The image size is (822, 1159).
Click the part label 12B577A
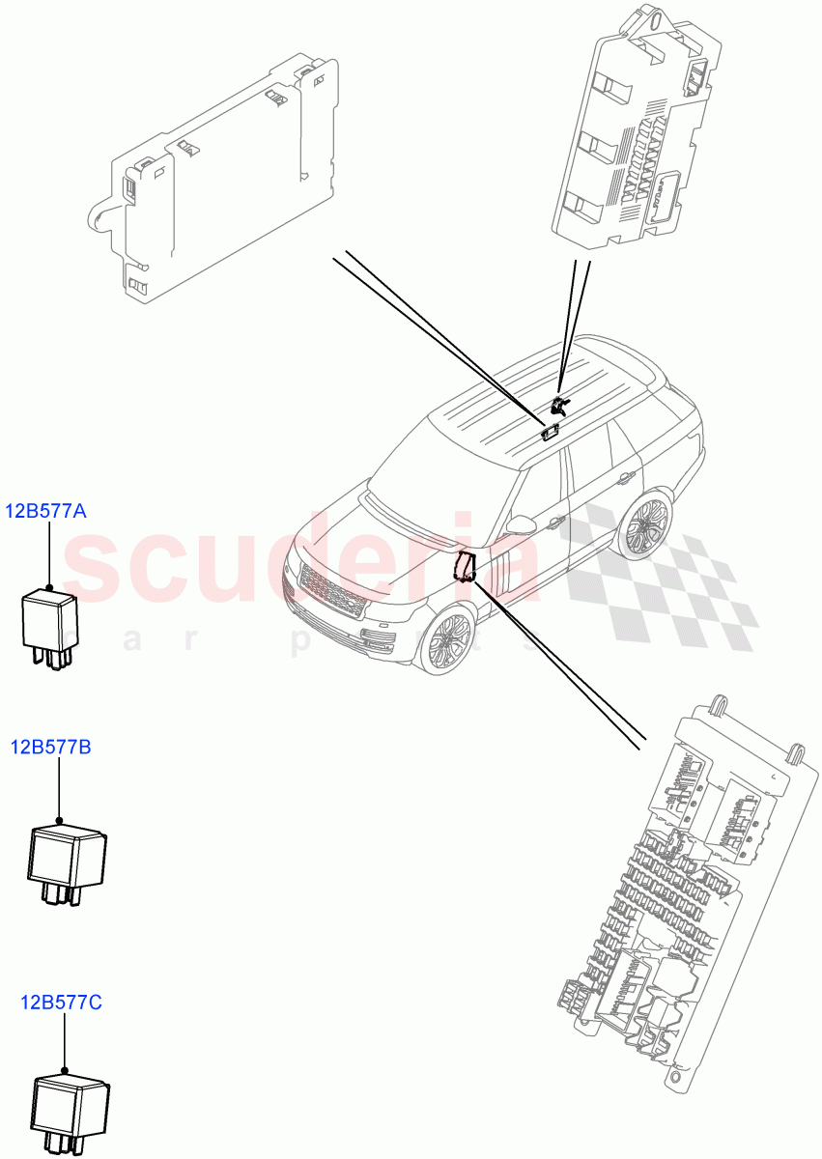(47, 512)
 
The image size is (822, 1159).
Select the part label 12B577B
(51, 747)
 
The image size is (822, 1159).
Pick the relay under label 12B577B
(66, 861)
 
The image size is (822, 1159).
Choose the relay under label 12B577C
(71, 1111)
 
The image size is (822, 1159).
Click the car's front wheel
(445, 638)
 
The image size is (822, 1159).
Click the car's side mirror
(523, 524)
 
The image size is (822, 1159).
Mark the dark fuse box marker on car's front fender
(466, 565)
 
